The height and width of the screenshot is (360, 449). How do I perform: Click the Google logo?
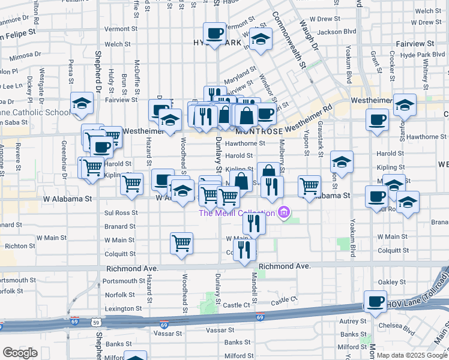click(20, 353)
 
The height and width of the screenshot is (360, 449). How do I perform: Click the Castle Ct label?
click(285, 300)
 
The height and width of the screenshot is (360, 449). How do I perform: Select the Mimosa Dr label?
click(25, 53)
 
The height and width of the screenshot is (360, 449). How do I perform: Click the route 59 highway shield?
click(95, 323)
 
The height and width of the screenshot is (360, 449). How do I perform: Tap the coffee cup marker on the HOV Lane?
click(376, 302)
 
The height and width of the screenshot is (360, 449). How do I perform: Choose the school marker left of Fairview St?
click(82, 104)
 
